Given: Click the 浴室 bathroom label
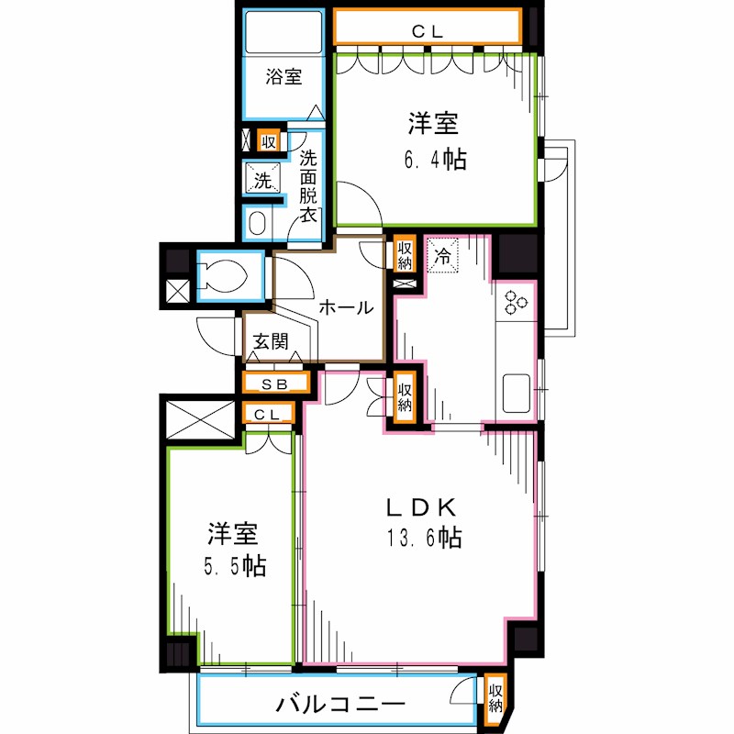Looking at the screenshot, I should point(284,78).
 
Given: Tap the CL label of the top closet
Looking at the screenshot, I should point(427,31).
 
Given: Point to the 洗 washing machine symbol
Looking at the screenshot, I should point(263,180).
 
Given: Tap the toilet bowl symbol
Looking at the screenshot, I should point(223,276).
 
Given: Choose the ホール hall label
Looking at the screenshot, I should point(345,308).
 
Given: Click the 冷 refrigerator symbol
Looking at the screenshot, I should point(443,256).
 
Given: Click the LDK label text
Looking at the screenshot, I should point(420,506).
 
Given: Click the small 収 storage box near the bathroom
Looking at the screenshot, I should point(268,142).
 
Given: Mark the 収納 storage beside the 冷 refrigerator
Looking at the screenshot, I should point(405,254).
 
